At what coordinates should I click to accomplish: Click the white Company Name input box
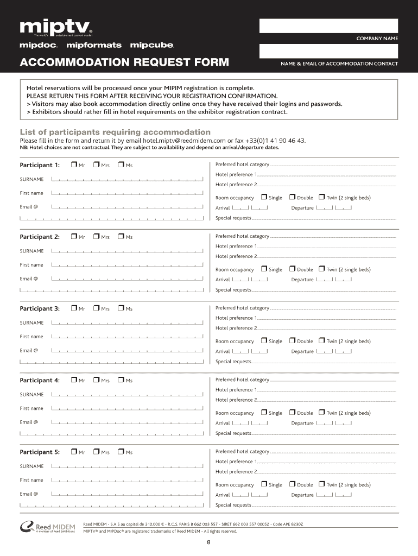(x=328, y=26)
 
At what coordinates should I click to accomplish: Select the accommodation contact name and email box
(x=328, y=51)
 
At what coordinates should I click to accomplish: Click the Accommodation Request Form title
(x=124, y=64)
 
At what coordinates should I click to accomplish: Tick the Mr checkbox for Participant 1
(x=74, y=165)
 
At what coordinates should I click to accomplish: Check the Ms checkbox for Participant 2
(x=121, y=236)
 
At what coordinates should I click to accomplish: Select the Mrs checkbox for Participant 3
(x=96, y=308)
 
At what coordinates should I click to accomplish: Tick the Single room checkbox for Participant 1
(x=264, y=197)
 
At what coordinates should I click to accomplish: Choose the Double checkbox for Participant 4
(x=292, y=412)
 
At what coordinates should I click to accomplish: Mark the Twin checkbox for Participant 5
(x=321, y=484)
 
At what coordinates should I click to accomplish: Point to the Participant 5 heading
(x=40, y=452)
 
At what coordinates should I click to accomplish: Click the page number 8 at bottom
(x=208, y=542)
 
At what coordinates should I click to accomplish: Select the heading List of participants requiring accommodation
(x=115, y=132)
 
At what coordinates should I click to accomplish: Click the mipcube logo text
(x=152, y=45)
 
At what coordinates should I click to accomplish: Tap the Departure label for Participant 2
(x=302, y=280)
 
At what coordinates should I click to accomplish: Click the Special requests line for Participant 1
(x=324, y=218)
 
